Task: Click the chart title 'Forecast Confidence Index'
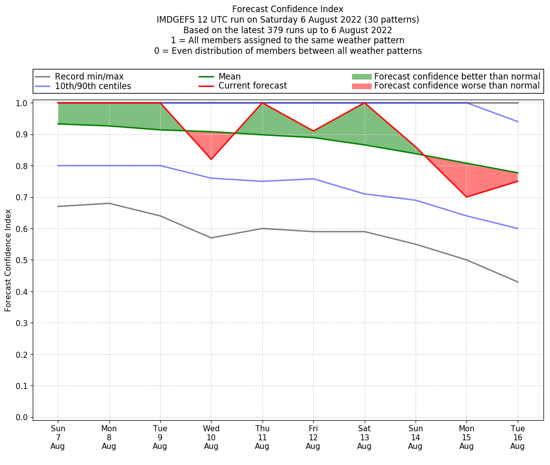click(288, 9)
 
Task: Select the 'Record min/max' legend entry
click(89, 76)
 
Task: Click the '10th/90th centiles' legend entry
click(93, 86)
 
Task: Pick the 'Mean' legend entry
click(229, 76)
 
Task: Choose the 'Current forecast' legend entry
click(252, 86)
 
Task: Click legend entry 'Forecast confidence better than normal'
click(457, 76)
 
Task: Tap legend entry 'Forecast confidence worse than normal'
click(457, 86)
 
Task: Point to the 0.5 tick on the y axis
click(22, 260)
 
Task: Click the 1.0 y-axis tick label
click(22, 103)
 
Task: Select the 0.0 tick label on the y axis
click(22, 417)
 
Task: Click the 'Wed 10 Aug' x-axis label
click(211, 437)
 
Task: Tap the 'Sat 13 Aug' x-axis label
click(364, 437)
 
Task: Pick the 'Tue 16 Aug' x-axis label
click(517, 437)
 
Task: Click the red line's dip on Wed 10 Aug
click(211, 160)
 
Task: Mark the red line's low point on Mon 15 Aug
click(466, 197)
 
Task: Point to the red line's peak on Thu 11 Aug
click(262, 103)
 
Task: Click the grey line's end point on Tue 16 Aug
click(517, 282)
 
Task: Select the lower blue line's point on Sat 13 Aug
click(364, 194)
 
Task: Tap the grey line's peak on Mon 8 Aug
click(109, 203)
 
